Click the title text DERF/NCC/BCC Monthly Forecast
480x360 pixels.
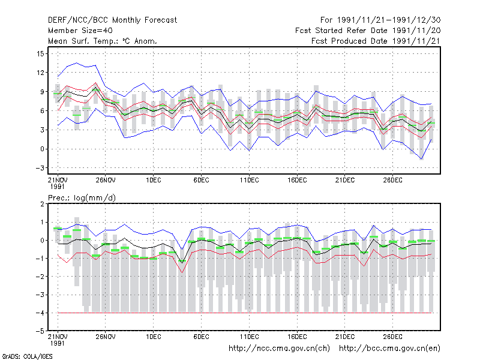(x=112, y=20)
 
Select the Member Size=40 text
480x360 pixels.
(x=80, y=31)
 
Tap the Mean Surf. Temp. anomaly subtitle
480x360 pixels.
(x=103, y=41)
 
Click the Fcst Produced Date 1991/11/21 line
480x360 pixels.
(x=376, y=41)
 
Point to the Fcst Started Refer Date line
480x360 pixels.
(x=368, y=31)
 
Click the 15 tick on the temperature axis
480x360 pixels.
(x=40, y=54)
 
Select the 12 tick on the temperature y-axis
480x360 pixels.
(x=40, y=73)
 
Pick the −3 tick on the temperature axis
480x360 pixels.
(x=40, y=168)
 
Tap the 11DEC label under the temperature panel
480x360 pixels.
(x=249, y=181)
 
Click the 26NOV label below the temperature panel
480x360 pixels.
(x=106, y=181)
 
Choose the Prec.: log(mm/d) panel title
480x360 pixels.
(x=82, y=198)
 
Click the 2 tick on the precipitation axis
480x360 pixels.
(x=42, y=204)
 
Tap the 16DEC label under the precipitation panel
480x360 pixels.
(x=297, y=337)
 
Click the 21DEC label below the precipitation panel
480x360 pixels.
(x=345, y=337)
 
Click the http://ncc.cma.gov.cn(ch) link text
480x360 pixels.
(x=279, y=349)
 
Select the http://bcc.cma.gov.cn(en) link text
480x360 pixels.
(x=389, y=349)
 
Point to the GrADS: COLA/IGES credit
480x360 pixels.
(x=27, y=356)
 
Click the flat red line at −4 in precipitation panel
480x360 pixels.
(x=245, y=313)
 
